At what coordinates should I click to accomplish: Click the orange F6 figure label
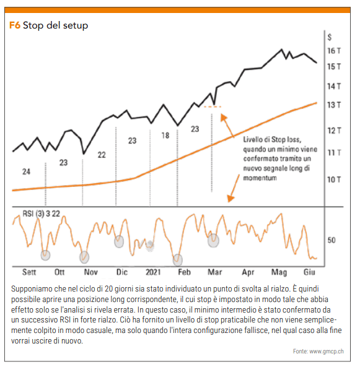[x=14, y=25]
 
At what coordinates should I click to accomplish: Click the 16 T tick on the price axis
[x=334, y=51]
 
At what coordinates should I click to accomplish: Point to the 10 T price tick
[x=334, y=179]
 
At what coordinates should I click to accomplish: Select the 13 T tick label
[x=334, y=105]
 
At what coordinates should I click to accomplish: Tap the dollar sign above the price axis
[x=330, y=37]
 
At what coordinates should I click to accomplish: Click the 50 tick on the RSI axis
[x=331, y=240]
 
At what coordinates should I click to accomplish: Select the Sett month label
[x=29, y=272]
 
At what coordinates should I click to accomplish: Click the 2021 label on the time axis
[x=153, y=272]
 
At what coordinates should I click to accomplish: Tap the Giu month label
[x=309, y=272]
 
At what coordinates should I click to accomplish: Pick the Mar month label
[x=214, y=272]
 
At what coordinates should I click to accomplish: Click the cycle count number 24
[x=26, y=172]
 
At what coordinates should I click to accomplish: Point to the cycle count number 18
[x=165, y=136]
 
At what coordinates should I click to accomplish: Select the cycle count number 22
[x=102, y=155]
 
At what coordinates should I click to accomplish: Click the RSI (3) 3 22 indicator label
[x=42, y=214]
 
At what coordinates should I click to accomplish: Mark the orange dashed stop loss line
[x=213, y=106]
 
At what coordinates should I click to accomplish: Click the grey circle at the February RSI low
[x=178, y=260]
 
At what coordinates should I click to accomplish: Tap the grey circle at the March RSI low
[x=213, y=241]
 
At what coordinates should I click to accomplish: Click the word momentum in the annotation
[x=260, y=178]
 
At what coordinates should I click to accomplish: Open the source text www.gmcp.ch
[x=327, y=352]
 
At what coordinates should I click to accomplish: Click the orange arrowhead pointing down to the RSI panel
[x=230, y=199]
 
